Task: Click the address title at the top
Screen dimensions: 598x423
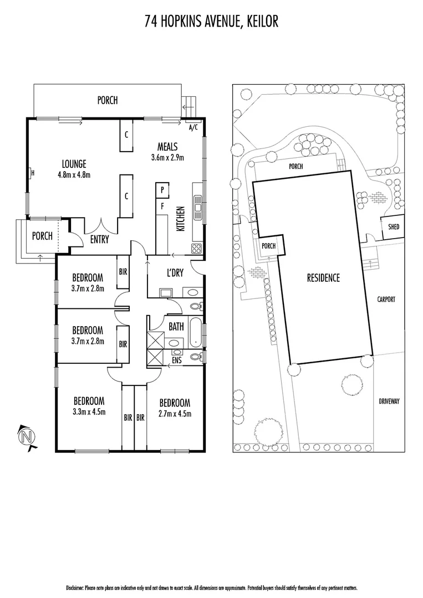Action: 211,22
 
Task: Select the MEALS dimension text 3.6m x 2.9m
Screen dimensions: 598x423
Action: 167,157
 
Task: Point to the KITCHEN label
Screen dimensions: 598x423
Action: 180,218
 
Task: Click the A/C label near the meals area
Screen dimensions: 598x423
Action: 193,127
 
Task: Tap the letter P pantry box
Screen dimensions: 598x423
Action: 162,189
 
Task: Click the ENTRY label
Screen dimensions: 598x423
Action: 99,240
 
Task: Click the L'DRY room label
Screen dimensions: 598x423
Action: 175,274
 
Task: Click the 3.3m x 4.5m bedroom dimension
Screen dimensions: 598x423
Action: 89,411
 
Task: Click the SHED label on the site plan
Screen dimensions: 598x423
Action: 393,227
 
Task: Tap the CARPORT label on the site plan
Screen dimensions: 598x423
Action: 386,299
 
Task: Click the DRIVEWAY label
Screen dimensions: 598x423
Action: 389,401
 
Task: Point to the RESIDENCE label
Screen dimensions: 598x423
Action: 323,278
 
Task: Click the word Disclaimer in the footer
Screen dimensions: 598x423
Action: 77,587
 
